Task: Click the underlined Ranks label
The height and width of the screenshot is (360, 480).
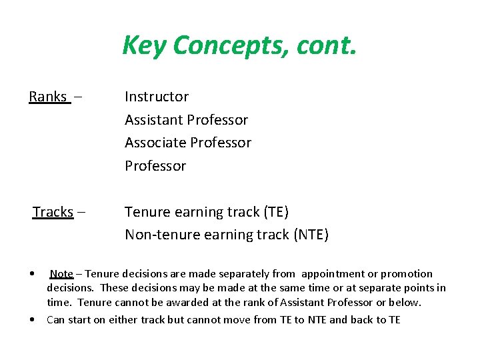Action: pos(48,97)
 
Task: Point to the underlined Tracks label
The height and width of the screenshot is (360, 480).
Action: pos(53,212)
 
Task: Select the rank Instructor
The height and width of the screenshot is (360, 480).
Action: pos(157,97)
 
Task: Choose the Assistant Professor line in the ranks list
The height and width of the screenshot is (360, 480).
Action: pos(186,120)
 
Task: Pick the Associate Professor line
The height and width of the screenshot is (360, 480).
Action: pos(188,143)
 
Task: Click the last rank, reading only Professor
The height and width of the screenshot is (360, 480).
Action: pos(155,165)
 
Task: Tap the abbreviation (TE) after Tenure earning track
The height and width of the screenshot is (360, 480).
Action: pos(276,212)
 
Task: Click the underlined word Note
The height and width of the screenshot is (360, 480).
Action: pos(61,273)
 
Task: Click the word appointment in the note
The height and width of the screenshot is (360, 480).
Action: pos(333,273)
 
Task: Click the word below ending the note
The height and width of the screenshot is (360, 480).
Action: pos(407,302)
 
